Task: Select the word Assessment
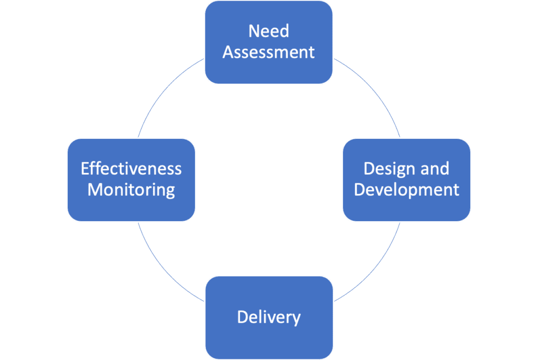[x=268, y=53]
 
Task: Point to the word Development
[x=407, y=190]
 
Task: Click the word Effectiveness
[x=131, y=169]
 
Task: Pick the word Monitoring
[x=131, y=190]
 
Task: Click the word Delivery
[x=268, y=317]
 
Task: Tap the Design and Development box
[x=407, y=208]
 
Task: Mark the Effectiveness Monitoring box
[x=131, y=208]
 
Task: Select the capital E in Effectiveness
[x=85, y=169]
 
